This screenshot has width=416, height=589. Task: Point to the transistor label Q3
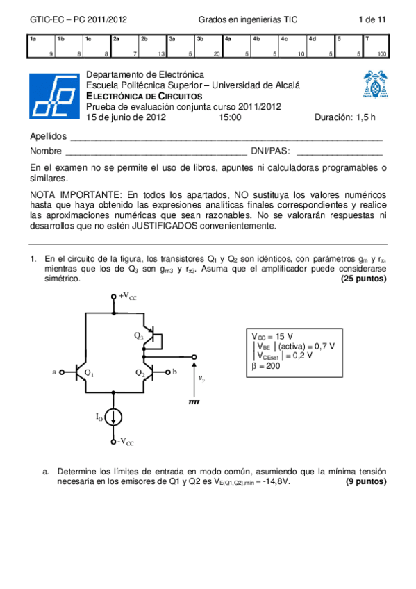click(x=138, y=335)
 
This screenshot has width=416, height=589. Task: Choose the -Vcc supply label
click(x=126, y=442)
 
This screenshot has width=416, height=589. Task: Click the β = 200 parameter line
click(x=265, y=366)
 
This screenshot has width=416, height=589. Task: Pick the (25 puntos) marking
click(x=364, y=279)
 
